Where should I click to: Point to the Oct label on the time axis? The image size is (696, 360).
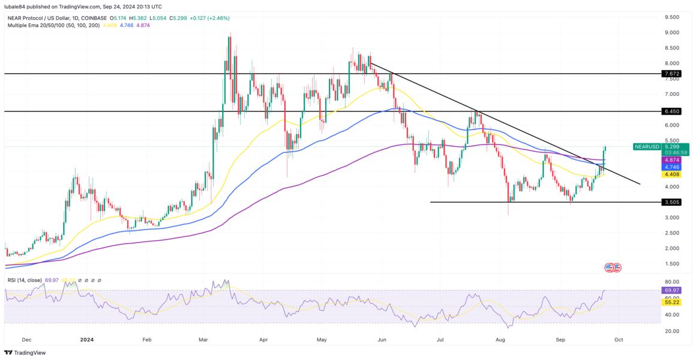tap(619, 339)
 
